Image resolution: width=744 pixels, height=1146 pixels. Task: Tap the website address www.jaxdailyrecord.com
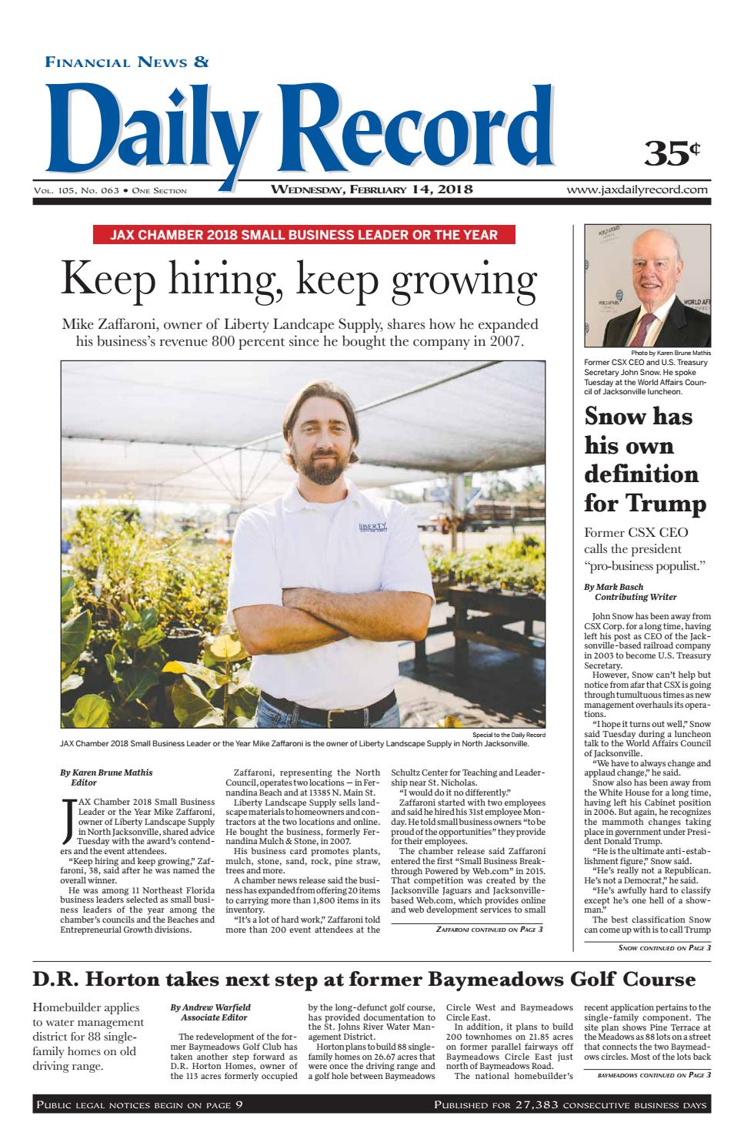point(638,189)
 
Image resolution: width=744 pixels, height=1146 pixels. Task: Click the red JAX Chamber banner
point(303,235)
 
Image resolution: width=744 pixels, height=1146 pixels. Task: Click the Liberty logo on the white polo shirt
point(374,528)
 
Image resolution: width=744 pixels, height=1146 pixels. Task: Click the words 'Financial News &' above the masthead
point(127,62)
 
